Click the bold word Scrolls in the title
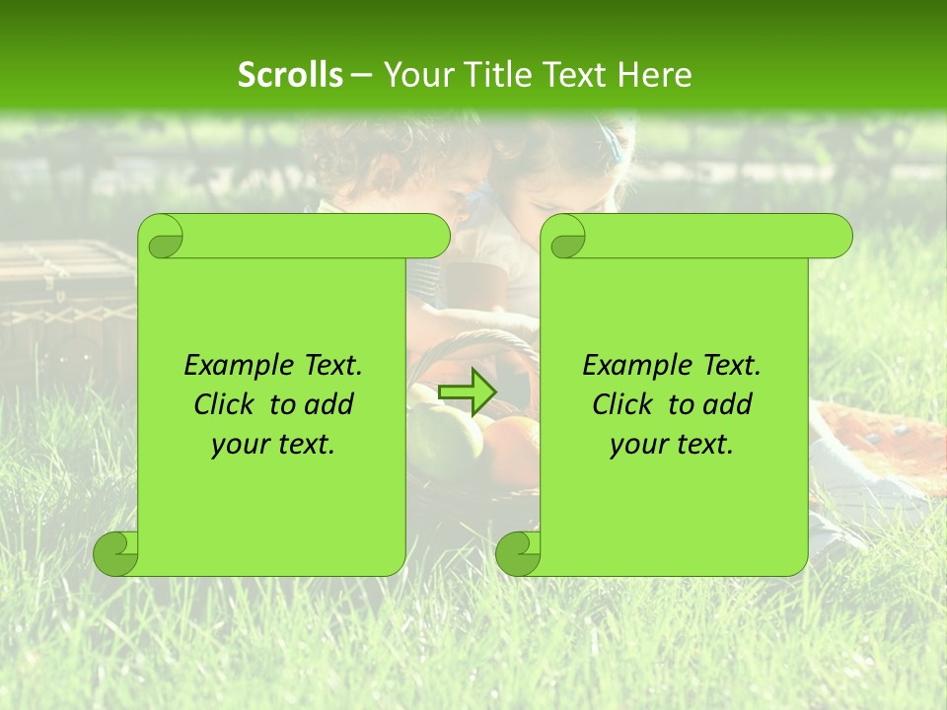[x=290, y=75]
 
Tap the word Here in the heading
[x=654, y=75]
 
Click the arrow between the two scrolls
[x=467, y=392]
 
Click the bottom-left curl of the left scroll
[x=115, y=554]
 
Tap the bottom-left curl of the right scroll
[x=518, y=554]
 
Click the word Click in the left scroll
[x=223, y=404]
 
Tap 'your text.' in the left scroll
[x=273, y=445]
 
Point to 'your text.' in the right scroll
[x=672, y=445]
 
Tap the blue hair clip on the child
[x=616, y=146]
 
